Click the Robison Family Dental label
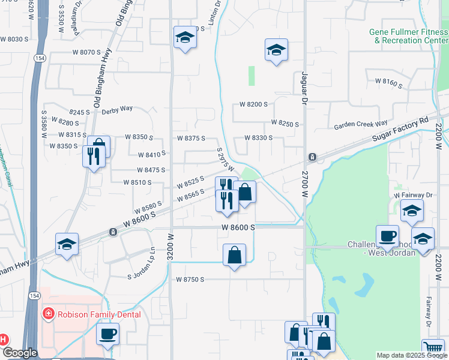(x=98, y=314)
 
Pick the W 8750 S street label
(x=190, y=280)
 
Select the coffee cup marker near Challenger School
(x=387, y=236)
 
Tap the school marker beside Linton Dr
(x=185, y=38)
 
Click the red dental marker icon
(x=47, y=314)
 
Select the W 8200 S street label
(x=253, y=104)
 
